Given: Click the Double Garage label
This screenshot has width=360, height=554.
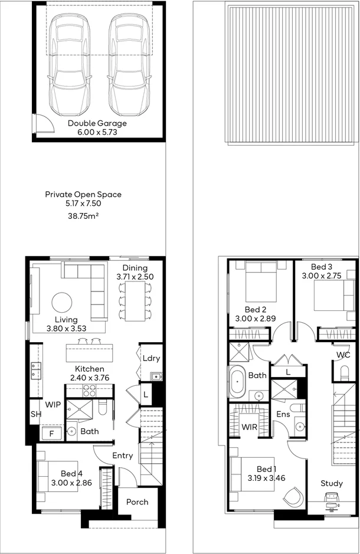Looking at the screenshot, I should click(97, 123).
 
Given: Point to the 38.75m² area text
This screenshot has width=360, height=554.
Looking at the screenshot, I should click(84, 217).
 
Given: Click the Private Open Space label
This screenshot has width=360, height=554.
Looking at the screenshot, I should click(83, 194).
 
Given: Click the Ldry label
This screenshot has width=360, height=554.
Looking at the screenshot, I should click(151, 358).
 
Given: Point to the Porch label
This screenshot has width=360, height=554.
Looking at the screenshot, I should click(137, 502).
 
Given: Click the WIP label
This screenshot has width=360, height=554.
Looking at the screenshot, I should click(53, 405).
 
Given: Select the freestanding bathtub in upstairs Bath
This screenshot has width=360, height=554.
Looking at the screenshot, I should click(237, 382).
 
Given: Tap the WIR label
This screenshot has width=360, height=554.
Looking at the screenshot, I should click(248, 426).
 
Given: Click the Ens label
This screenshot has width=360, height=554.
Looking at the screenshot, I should click(283, 415).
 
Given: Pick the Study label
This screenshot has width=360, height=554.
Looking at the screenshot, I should click(331, 483).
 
